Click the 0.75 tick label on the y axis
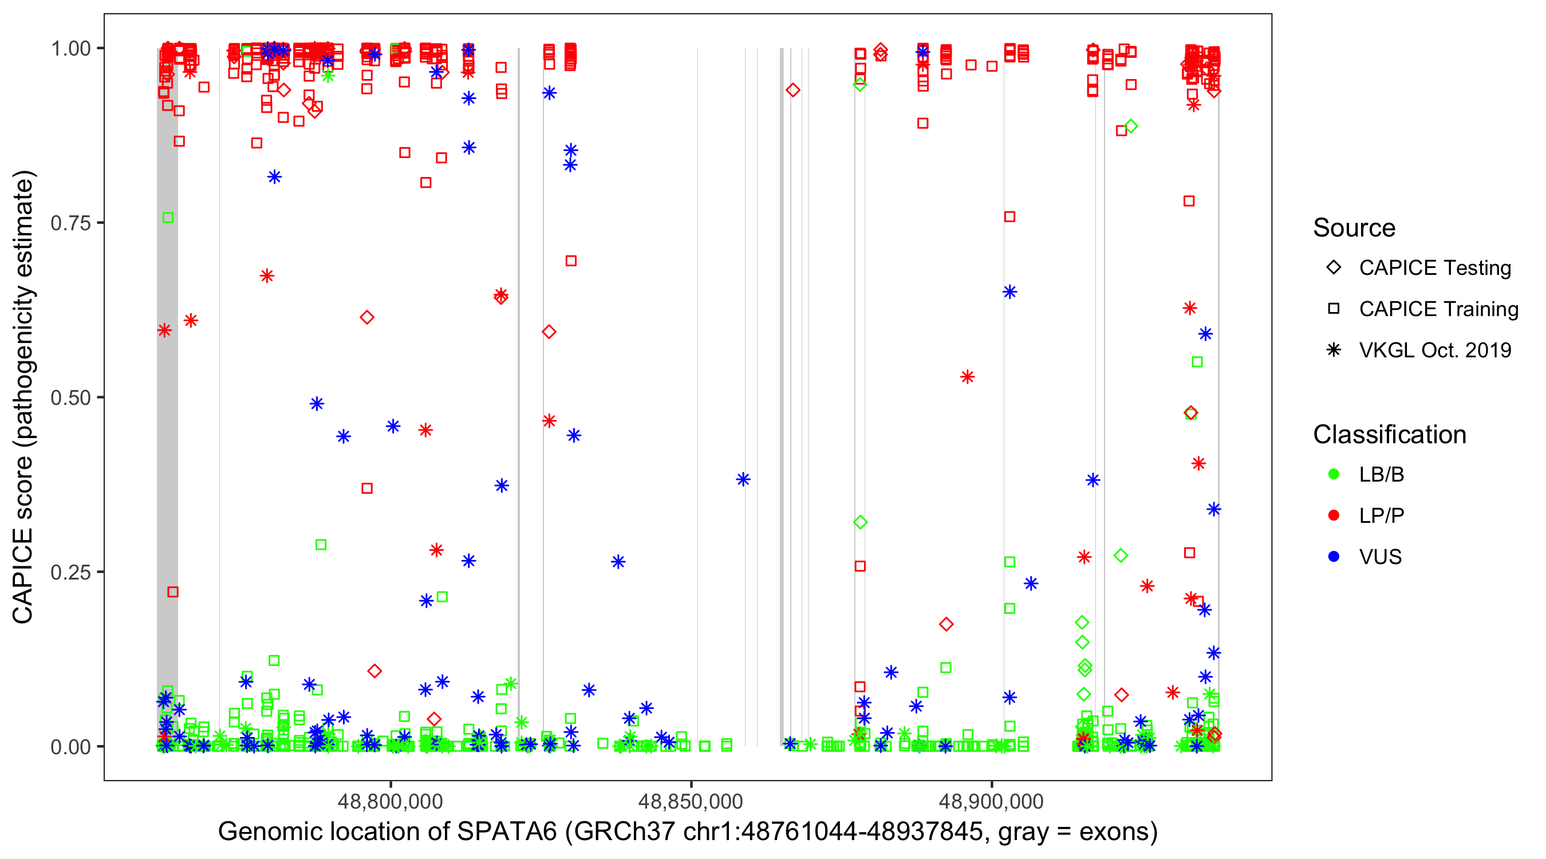pos(70,223)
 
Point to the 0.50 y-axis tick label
pos(70,397)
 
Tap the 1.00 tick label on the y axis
pos(70,48)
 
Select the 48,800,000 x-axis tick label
pos(390,801)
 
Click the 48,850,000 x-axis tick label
pos(691,801)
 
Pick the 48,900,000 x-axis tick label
pos(991,801)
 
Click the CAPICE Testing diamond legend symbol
pos(1334,267)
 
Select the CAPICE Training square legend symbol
pos(1334,309)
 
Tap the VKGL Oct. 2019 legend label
pos(1435,350)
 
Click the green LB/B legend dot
pos(1334,474)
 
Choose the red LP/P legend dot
pos(1334,515)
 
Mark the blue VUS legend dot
pos(1334,557)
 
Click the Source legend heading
pos(1354,228)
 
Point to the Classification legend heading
pos(1389,435)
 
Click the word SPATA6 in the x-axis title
pos(507,832)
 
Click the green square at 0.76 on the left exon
pos(168,217)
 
